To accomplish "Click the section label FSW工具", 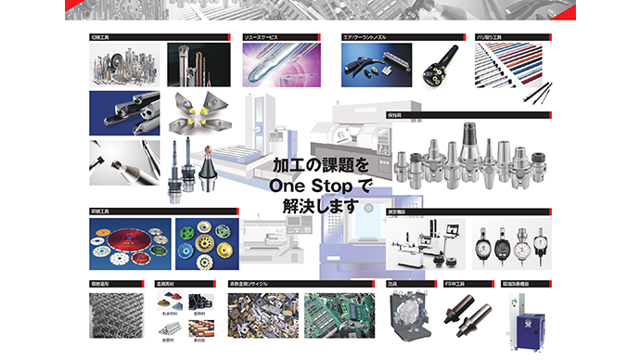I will coord(455,284).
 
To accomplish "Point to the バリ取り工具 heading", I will coord(489,37).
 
